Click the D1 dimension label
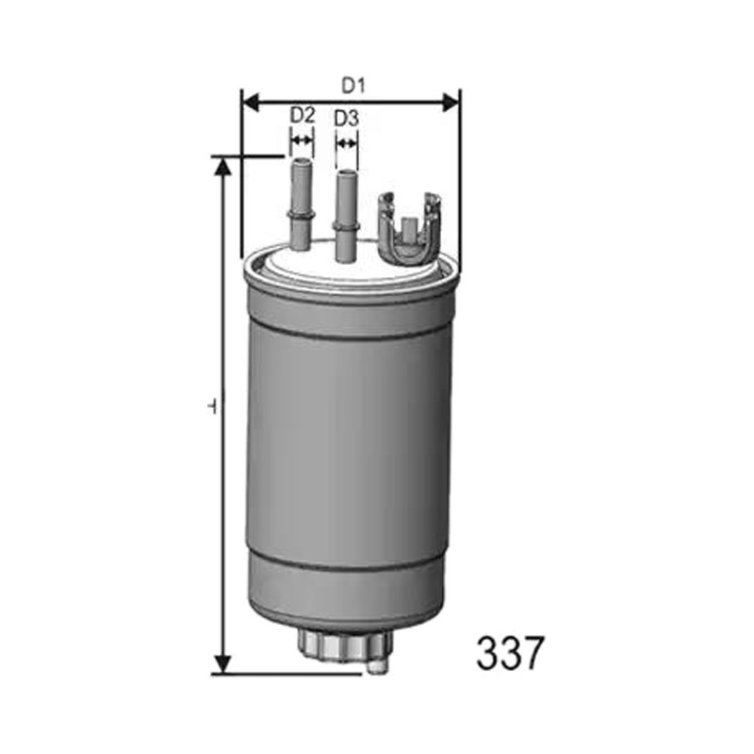coord(353,86)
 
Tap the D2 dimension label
coord(302,115)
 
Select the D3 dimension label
coord(346,119)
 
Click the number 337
coord(510,653)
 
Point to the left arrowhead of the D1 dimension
coord(251,102)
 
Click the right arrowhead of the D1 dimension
coord(451,102)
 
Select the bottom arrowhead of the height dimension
coord(222,664)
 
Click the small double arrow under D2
coord(302,140)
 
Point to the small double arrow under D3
coord(346,143)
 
